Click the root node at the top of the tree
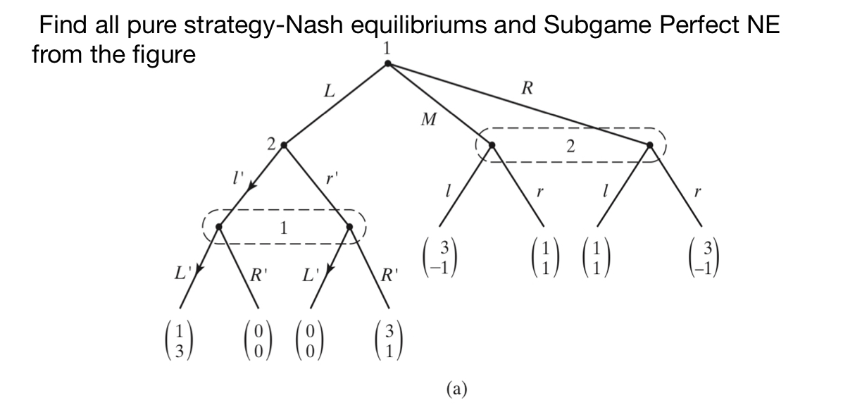[x=387, y=63]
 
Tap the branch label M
[x=427, y=120]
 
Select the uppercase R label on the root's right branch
[x=526, y=88]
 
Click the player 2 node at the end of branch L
[x=283, y=145]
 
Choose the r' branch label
[x=330, y=178]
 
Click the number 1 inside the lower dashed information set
[x=283, y=228]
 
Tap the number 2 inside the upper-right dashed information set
[x=570, y=147]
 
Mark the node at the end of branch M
[x=492, y=145]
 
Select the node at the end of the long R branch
[x=649, y=145]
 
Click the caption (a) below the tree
[x=456, y=388]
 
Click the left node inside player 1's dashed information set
[x=219, y=227]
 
